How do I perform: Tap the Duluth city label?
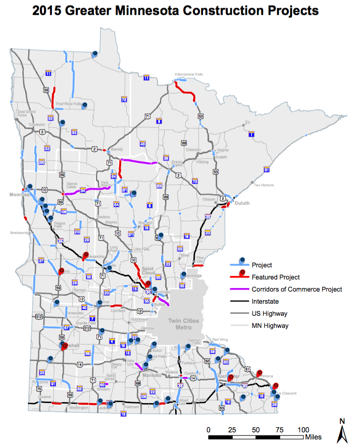(x=240, y=204)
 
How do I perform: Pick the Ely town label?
(x=247, y=122)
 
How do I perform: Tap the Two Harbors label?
(x=264, y=185)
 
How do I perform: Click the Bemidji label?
(x=117, y=150)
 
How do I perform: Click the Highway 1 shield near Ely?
(x=251, y=135)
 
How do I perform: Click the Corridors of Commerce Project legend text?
(x=297, y=290)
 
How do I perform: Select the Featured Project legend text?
(x=276, y=277)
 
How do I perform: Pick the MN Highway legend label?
(x=270, y=325)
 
